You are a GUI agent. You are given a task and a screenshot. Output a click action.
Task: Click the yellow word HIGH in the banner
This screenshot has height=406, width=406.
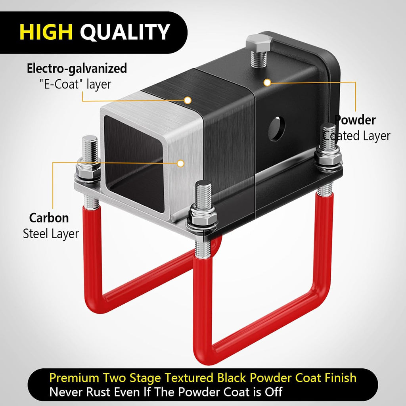[x=46, y=32]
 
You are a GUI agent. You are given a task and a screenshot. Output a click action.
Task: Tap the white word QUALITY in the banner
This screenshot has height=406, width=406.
[x=125, y=32]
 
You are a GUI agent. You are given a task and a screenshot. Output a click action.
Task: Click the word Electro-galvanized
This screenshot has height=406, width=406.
[x=77, y=69]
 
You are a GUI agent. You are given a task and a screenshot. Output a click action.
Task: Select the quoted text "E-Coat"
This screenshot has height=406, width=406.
[x=59, y=84]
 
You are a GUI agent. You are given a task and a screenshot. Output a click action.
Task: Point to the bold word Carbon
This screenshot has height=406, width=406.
[x=49, y=218]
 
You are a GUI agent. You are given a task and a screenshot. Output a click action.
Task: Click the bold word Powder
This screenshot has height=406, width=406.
[x=355, y=120]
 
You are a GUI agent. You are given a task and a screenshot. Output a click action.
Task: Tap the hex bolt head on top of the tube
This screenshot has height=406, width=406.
[x=259, y=44]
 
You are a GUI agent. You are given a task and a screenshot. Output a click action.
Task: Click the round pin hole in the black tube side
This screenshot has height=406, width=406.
[x=276, y=129]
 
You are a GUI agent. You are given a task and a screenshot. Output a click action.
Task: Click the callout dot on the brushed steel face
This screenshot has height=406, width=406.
[x=180, y=163]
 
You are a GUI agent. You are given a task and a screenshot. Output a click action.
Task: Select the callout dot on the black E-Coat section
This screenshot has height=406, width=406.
[x=188, y=100]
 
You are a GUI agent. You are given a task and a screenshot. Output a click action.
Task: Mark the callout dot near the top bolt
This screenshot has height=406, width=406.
[x=268, y=82]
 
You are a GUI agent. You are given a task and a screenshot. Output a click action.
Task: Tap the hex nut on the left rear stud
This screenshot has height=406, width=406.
[x=88, y=171]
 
